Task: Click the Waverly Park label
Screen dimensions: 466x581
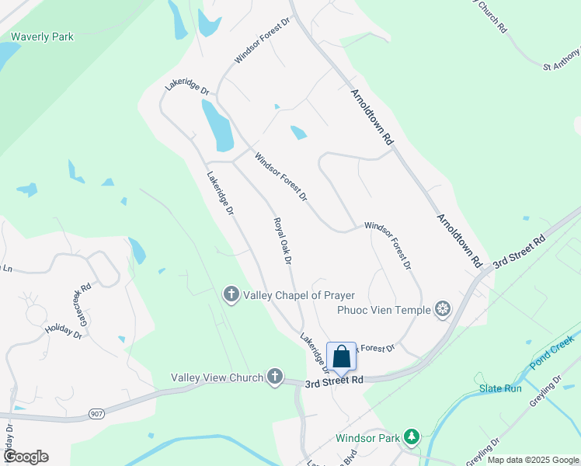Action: tap(42, 37)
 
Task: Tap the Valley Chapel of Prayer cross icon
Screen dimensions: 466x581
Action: tap(231, 295)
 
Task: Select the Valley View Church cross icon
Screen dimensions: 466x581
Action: tap(274, 377)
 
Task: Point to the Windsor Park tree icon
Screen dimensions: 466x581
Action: tap(412, 438)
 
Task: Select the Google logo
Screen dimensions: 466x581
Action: tap(26, 457)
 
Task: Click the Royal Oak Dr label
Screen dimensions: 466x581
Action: tap(283, 241)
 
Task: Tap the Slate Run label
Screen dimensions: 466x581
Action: tap(500, 388)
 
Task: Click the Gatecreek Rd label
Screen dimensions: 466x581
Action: tap(81, 297)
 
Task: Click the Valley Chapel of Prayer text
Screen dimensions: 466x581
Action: tap(299, 295)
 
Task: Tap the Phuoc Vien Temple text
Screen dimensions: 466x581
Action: tap(384, 311)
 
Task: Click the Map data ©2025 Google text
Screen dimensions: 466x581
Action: tap(533, 460)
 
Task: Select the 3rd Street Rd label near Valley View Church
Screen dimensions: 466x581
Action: tap(334, 382)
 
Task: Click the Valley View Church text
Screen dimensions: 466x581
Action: tap(218, 377)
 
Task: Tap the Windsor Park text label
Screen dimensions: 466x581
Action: tap(367, 438)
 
